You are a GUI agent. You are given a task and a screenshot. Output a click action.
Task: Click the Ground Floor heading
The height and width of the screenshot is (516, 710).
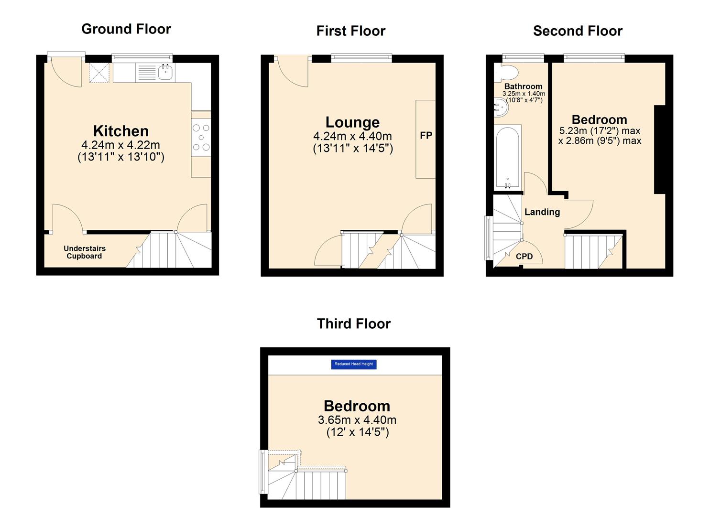click(126, 29)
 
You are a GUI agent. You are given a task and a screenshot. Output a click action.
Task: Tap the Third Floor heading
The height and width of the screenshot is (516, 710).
click(353, 324)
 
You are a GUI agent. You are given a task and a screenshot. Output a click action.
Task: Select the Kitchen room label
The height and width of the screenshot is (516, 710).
click(120, 131)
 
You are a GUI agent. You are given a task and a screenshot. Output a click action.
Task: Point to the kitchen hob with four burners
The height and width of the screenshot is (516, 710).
click(201, 138)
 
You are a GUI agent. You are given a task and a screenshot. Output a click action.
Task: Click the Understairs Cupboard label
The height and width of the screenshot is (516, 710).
click(85, 252)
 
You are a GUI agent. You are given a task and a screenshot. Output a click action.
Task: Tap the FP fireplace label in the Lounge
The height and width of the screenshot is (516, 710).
click(426, 136)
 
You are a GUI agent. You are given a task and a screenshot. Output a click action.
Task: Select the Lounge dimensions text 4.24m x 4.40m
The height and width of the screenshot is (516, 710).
click(352, 136)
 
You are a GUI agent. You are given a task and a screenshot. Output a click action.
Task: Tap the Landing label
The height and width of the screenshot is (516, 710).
click(542, 212)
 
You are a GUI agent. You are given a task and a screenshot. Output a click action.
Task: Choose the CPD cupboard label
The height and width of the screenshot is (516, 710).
click(524, 257)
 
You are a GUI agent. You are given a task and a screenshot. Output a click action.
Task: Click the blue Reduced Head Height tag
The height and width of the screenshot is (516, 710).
click(354, 364)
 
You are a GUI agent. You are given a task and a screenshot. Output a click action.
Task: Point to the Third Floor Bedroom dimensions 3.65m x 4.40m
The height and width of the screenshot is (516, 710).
click(357, 420)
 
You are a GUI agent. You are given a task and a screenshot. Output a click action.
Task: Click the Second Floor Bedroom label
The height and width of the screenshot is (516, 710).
click(599, 119)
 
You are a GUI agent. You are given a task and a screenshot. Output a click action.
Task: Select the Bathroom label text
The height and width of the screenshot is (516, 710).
click(523, 86)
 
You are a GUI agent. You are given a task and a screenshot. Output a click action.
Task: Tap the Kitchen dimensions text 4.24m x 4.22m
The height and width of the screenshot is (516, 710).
click(120, 145)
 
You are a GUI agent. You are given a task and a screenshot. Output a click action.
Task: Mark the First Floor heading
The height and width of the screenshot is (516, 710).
click(350, 31)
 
